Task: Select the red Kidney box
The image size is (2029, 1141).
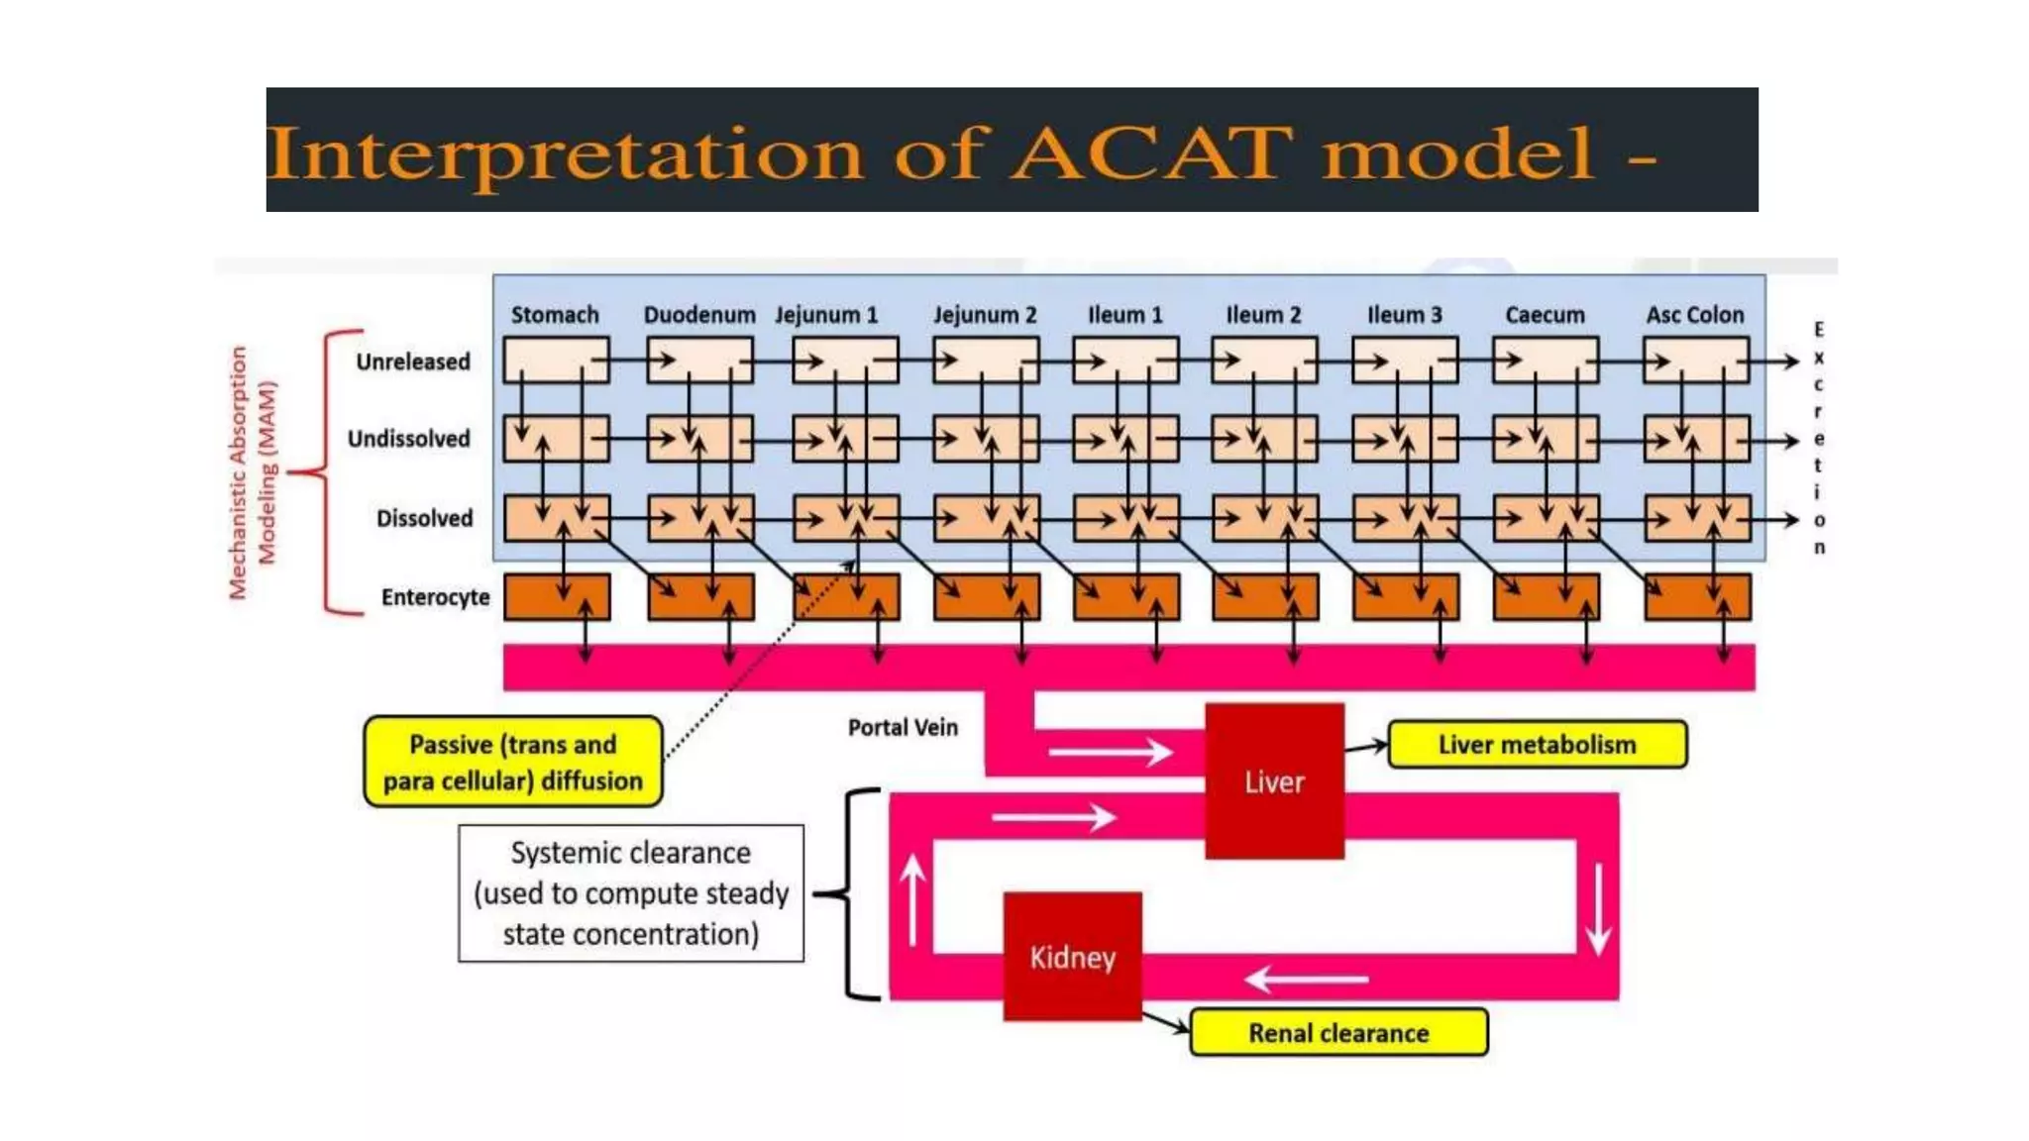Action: point(1072,956)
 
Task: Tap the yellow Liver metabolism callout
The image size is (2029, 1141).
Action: point(1537,745)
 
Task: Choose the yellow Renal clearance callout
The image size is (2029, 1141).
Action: point(1338,1033)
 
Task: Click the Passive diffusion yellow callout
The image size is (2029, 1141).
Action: point(513,762)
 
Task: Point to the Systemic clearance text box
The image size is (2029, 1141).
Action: point(631,893)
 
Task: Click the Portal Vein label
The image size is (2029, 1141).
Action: point(903,727)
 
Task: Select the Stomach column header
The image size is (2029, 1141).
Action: point(555,315)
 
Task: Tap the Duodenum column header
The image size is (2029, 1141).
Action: point(698,315)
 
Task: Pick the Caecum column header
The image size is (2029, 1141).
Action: point(1545,315)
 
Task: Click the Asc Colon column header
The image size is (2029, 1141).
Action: point(1695,315)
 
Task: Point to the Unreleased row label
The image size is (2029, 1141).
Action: point(413,362)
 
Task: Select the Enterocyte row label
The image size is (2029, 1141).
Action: point(435,597)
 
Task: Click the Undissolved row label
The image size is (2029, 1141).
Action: point(408,439)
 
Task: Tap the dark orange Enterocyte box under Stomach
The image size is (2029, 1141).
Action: point(557,597)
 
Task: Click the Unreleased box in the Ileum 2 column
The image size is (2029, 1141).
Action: point(1264,360)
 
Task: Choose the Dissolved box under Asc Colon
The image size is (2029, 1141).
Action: point(1697,518)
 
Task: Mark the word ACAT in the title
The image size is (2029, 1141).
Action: point(1152,154)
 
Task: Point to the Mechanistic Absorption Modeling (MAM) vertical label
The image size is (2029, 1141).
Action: point(253,472)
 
